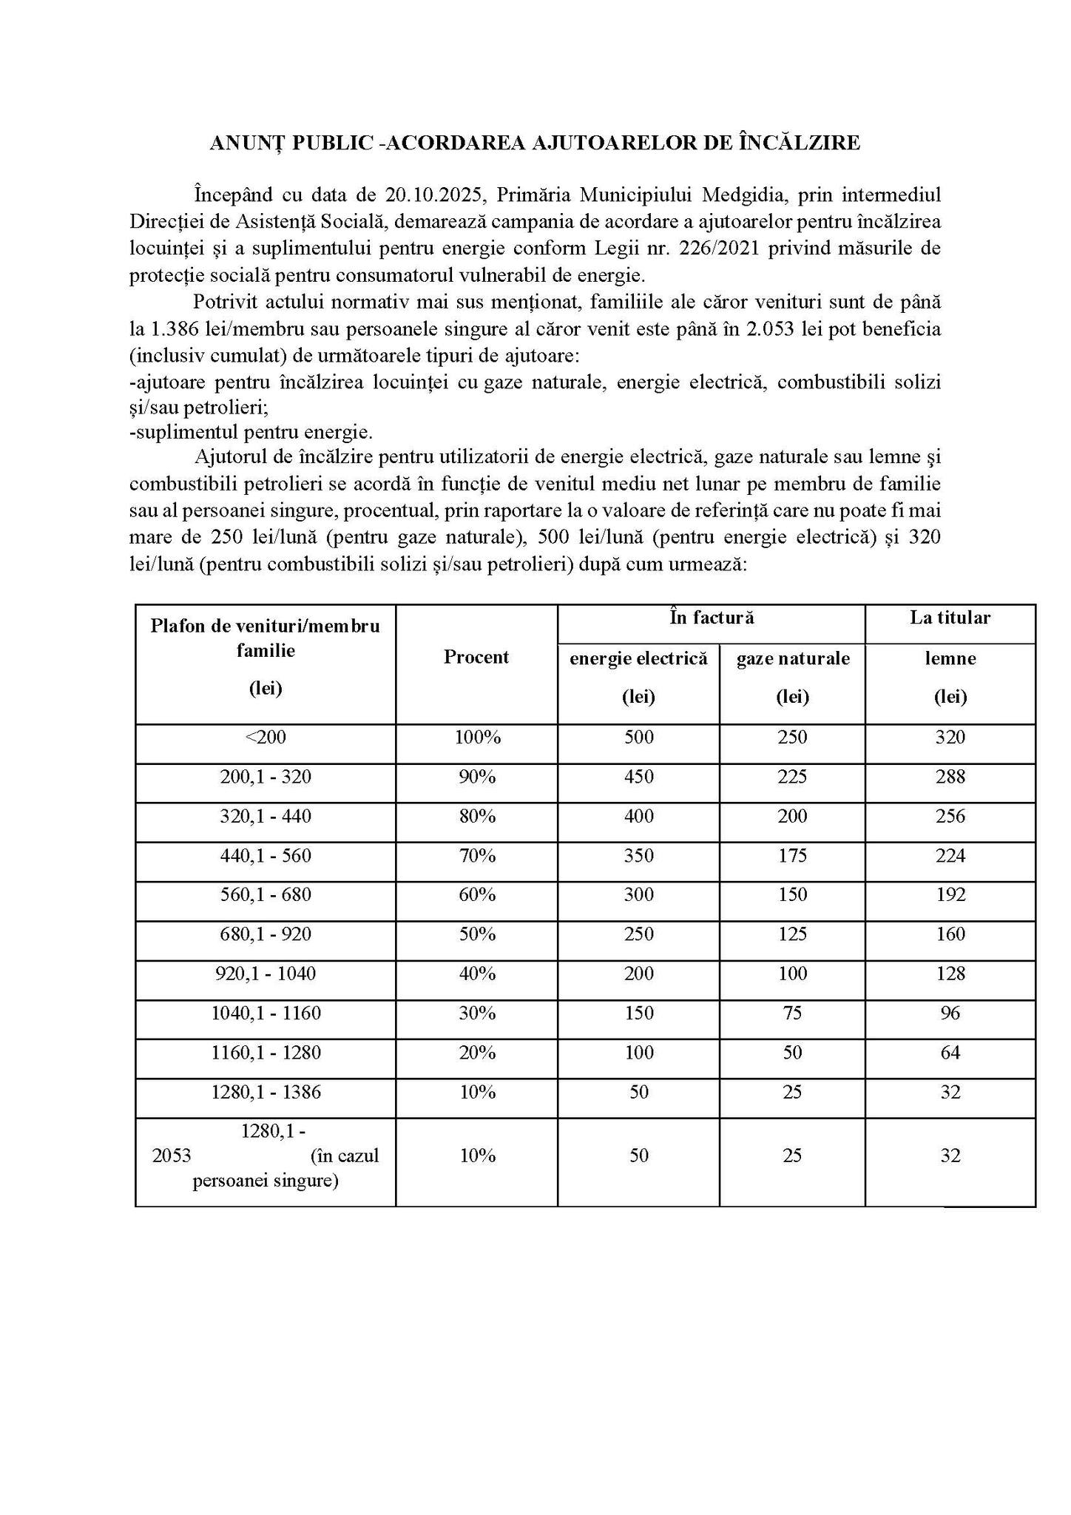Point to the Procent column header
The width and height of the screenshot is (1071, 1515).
coord(476,657)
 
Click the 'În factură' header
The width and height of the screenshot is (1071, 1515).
coord(712,618)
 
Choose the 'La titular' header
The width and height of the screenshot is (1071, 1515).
coord(950,618)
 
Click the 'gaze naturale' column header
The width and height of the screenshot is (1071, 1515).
coord(792,658)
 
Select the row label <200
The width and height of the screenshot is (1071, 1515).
coord(266,738)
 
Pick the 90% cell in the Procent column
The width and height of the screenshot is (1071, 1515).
coord(477,777)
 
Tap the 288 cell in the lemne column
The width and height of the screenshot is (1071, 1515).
coord(950,777)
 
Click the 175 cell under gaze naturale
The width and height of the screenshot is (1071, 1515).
coord(792,856)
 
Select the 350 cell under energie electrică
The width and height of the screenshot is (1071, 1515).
coord(638,856)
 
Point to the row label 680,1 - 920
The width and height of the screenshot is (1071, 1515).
coord(266,934)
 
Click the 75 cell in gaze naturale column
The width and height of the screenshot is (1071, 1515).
coord(792,1013)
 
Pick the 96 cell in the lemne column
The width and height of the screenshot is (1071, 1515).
coord(950,1013)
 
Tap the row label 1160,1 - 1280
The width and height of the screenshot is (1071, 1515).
coord(266,1053)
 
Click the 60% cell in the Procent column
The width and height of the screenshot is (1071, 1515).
coord(477,895)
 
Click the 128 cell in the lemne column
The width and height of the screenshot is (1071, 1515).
coord(950,974)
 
